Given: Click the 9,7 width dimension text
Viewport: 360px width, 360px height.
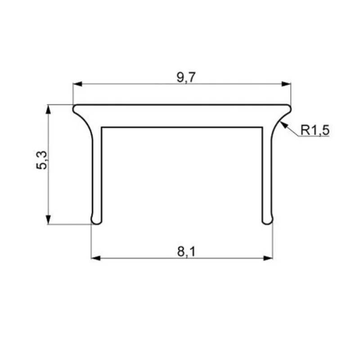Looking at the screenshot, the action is click(x=186, y=77).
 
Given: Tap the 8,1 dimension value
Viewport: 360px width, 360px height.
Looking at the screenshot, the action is click(x=186, y=252).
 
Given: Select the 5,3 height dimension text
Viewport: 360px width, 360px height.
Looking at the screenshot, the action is click(x=42, y=160).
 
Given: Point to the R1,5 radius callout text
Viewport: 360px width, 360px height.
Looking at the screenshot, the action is click(x=315, y=130).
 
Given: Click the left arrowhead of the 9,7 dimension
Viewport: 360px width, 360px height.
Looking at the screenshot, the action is click(x=77, y=84).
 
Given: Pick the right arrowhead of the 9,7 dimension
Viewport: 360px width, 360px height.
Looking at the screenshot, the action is click(x=286, y=84).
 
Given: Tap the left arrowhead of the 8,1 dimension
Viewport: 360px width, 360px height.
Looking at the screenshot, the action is click(x=96, y=258).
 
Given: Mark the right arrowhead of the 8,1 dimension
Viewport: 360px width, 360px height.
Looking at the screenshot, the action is click(x=268, y=258).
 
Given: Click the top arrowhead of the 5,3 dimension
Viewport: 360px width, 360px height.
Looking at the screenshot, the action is click(x=48, y=109).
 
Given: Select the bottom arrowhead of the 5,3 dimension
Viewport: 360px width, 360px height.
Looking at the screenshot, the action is click(x=48, y=220).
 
